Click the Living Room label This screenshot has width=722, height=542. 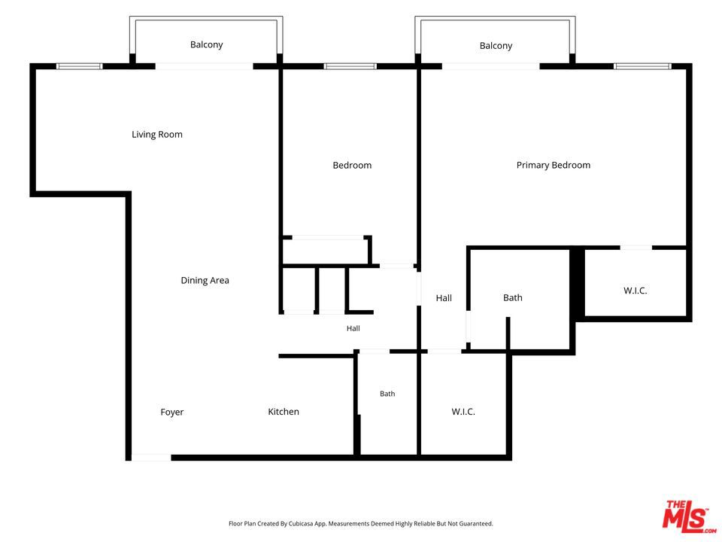point(157,135)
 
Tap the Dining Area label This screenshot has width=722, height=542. point(205,280)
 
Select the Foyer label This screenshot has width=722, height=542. point(171,412)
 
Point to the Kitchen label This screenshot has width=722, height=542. point(284,412)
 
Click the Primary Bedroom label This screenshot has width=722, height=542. point(554,165)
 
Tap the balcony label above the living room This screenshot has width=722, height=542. point(206,44)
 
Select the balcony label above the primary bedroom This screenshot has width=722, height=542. point(496,46)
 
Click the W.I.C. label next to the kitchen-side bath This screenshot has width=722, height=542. point(463,412)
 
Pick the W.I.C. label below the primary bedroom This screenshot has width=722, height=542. point(636,291)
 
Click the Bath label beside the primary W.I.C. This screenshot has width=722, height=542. point(512,298)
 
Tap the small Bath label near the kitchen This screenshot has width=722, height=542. point(387,394)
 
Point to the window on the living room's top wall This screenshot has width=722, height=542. point(79,66)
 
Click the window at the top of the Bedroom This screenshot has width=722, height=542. point(350,66)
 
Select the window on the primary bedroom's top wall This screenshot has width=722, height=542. point(642,66)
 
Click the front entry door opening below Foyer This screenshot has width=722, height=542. point(151,457)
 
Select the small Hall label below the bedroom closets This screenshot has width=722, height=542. point(353,328)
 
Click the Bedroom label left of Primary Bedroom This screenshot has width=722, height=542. point(352,165)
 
